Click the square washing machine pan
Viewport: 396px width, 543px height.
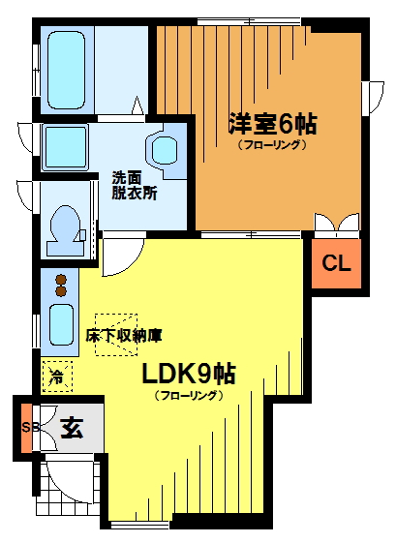[x=65, y=148]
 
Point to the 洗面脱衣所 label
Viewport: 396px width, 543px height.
[x=134, y=185]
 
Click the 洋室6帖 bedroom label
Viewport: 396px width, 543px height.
[x=272, y=125]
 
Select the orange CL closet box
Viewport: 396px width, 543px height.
[x=336, y=263]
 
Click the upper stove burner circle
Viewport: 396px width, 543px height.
[x=60, y=280]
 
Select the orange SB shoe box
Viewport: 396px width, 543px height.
[x=24, y=427]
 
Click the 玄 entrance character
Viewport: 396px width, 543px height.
[x=71, y=427]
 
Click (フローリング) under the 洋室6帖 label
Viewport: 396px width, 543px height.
[x=272, y=145]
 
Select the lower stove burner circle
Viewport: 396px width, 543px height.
[x=60, y=291]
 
